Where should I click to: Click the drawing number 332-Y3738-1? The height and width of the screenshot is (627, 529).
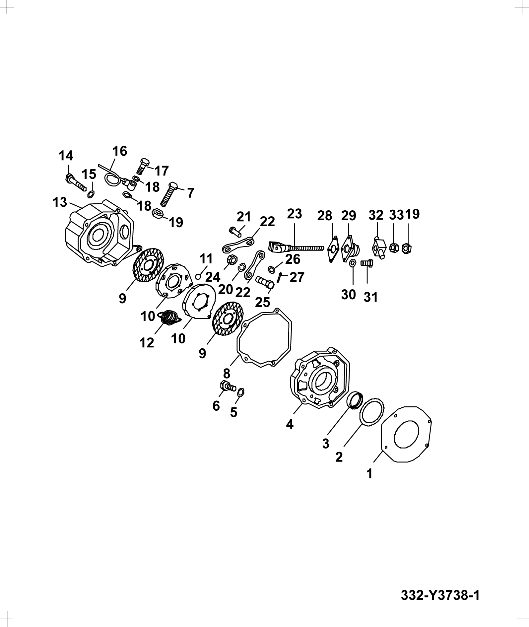click(440, 595)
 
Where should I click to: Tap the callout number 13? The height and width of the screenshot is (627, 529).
click(60, 202)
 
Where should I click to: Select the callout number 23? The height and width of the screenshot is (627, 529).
click(295, 214)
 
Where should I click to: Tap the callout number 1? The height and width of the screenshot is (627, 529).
click(369, 474)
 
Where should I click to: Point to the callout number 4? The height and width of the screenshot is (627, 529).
click(290, 424)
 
